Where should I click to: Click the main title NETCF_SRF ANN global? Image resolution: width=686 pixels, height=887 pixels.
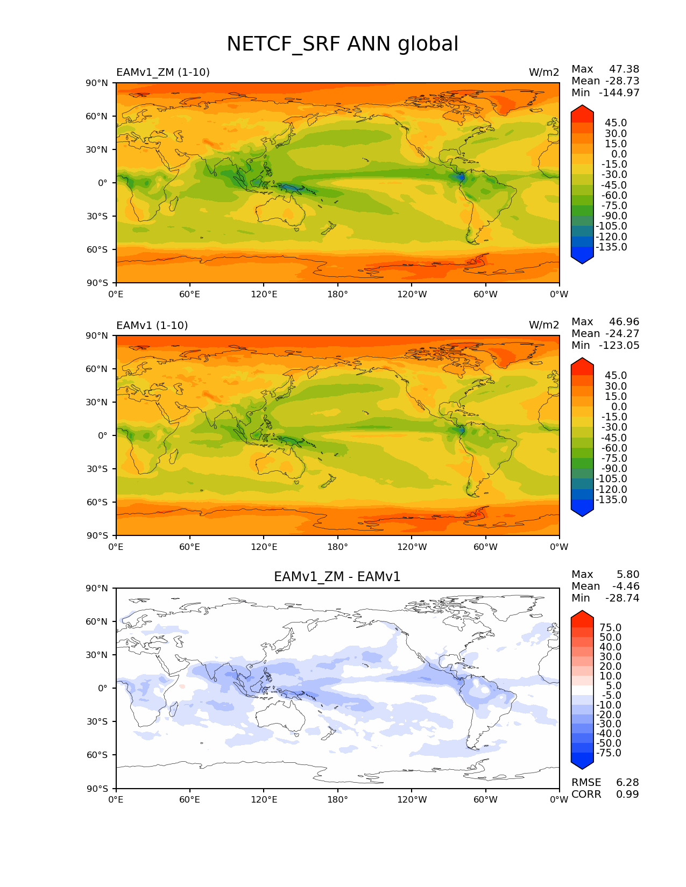point(342,44)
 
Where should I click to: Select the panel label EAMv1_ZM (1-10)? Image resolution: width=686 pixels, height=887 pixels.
point(163,72)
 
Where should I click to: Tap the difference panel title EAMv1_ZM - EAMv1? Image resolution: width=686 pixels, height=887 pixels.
point(337,577)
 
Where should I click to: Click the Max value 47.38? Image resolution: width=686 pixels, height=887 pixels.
point(624,69)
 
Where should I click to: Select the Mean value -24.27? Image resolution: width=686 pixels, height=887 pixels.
point(622,333)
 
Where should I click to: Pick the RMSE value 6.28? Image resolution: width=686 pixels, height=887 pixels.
point(627,782)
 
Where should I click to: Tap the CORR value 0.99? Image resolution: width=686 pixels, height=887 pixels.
point(627,794)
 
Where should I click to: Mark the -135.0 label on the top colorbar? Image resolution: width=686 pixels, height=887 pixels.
point(611,247)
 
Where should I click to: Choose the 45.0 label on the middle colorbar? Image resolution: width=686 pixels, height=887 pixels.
point(616,375)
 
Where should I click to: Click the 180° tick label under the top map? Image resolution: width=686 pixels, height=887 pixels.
point(337,294)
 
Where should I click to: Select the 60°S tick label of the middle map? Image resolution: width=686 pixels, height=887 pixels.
point(97,502)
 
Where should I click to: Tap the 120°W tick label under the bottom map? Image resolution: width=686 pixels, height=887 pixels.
point(412,799)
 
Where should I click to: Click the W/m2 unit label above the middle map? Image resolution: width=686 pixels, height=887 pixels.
point(544,325)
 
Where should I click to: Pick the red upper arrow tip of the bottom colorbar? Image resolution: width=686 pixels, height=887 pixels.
point(582,615)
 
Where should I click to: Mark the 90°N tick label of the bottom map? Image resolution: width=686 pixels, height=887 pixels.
point(97,588)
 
